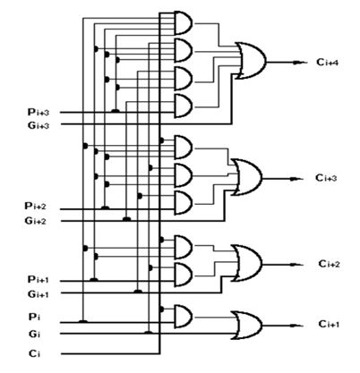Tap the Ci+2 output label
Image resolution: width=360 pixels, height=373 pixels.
point(329,264)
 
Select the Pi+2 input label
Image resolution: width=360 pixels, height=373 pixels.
point(37,207)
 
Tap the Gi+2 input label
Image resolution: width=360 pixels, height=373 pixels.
point(37,220)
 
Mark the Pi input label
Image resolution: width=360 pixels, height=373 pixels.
point(33,316)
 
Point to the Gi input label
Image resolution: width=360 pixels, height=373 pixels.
point(33,334)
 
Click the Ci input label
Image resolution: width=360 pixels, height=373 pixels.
point(33,352)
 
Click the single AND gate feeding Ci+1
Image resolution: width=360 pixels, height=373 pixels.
point(183,314)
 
